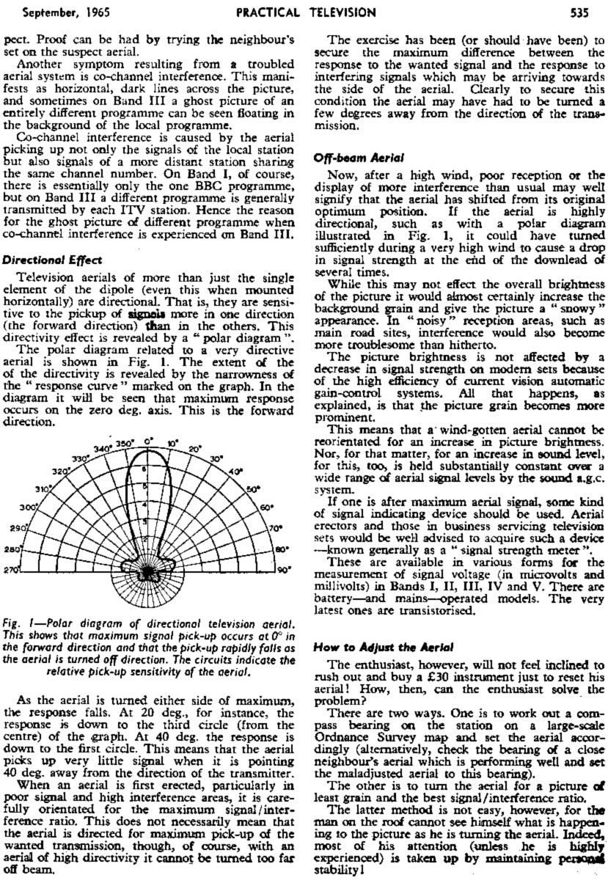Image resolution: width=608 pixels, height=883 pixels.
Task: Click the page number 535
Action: coord(590,12)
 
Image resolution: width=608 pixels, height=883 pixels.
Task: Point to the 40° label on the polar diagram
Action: coord(235,472)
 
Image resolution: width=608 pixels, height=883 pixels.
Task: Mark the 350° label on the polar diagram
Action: coord(125,443)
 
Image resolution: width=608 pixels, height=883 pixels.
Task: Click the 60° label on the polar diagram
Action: coord(266,507)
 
